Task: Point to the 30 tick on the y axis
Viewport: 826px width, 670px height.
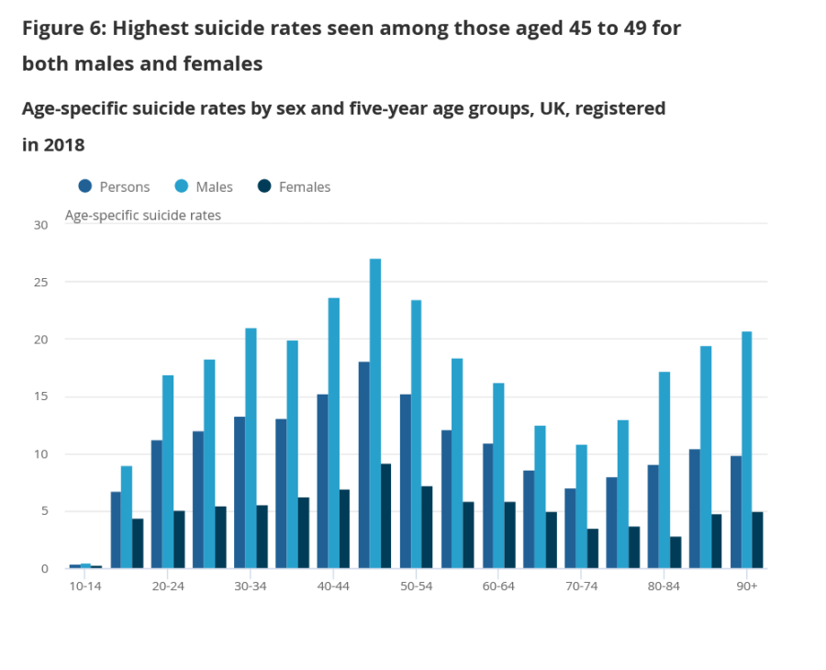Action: (x=40, y=225)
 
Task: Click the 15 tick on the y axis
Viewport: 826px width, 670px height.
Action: (x=40, y=397)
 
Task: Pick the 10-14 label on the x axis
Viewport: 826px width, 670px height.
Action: (x=85, y=586)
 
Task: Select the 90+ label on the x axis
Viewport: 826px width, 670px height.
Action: (x=747, y=586)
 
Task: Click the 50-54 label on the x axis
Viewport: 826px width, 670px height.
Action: (x=416, y=586)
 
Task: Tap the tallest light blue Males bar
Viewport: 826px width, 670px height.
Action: (x=374, y=413)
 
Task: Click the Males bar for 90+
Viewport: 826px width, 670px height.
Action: (x=747, y=450)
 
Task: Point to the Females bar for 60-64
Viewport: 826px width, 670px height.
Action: (x=509, y=535)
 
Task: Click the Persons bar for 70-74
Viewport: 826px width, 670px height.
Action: (x=570, y=529)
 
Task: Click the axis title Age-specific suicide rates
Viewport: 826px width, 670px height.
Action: (x=142, y=216)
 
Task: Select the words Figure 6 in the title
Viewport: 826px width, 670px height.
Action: (x=59, y=28)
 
